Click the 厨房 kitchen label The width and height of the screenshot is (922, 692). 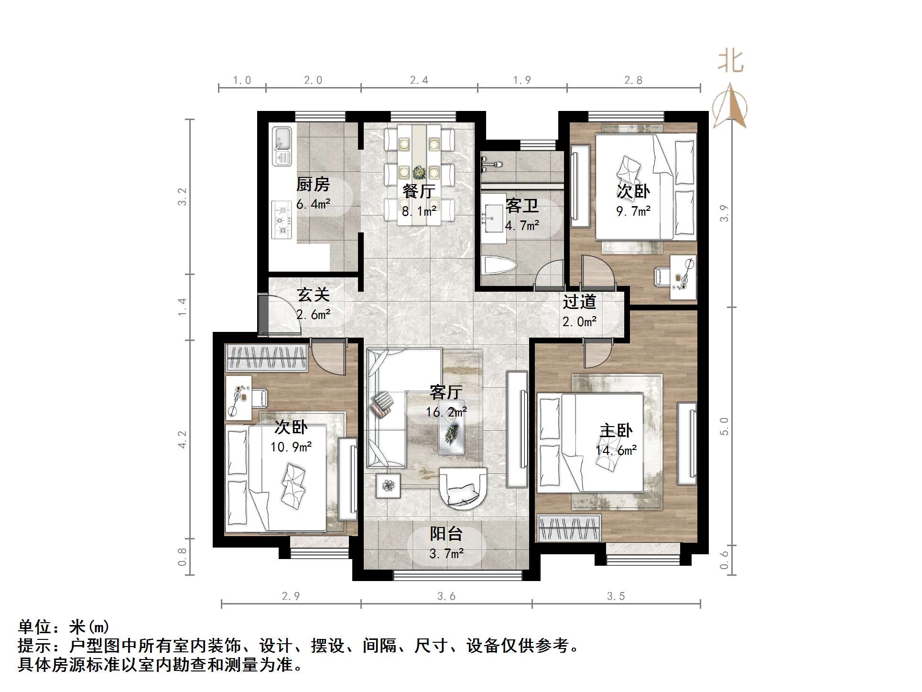(x=313, y=184)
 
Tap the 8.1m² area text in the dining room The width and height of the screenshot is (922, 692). (x=419, y=211)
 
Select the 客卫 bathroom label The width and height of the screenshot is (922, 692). (x=522, y=206)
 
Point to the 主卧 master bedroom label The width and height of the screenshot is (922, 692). (x=616, y=430)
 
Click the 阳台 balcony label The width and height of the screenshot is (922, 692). (x=446, y=534)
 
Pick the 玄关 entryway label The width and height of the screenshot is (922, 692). (x=314, y=295)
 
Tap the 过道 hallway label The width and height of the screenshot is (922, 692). (x=579, y=302)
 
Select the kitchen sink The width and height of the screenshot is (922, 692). (x=282, y=146)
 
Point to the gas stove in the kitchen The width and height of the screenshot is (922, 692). (x=282, y=220)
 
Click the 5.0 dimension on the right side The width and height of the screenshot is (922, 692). (x=725, y=426)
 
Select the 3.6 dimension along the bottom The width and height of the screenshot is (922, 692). (x=446, y=596)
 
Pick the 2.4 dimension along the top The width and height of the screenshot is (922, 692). (x=419, y=80)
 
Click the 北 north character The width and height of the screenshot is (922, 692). (x=730, y=61)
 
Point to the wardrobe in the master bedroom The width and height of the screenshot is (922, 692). (x=569, y=528)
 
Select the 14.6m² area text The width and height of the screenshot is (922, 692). (x=616, y=450)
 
